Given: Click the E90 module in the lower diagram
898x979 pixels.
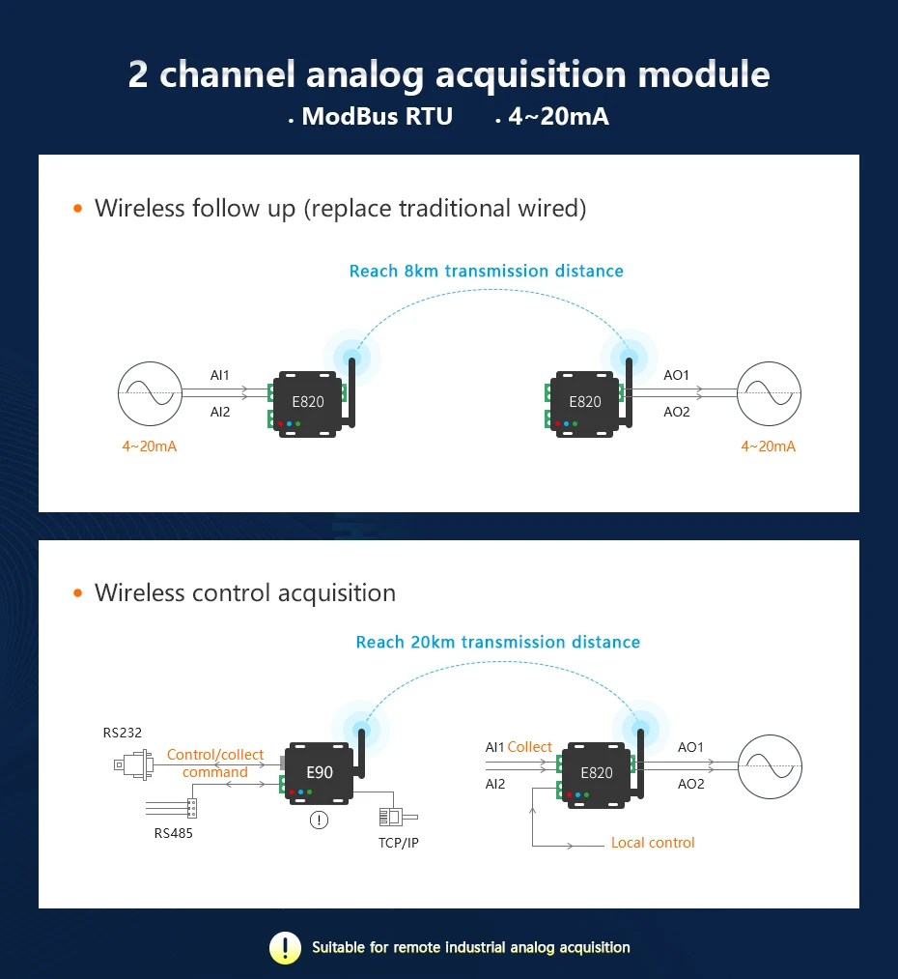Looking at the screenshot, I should point(319,772).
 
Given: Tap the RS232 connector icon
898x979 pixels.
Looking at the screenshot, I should point(133,763).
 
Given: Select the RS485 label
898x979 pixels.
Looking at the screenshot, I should point(173,833).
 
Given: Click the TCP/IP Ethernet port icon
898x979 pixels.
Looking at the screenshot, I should point(392,817).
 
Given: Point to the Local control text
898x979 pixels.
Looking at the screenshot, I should point(653,843).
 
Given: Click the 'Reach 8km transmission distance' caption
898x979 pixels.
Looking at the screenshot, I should point(486,272).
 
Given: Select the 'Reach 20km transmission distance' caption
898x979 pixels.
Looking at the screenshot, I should point(497,643).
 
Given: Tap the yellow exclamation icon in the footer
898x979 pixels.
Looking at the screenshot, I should point(285,948).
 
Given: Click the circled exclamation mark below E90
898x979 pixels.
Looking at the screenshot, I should point(319,821).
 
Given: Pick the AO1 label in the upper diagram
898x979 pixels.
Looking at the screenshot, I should point(677,375).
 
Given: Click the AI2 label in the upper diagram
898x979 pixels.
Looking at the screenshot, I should point(220,412).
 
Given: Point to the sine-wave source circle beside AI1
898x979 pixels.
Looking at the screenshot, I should point(148,393).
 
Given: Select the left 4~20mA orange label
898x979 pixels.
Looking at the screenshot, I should point(150,446).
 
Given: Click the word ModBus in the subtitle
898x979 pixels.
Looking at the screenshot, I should point(349,117).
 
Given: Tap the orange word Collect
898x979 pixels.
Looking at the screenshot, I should point(530,747).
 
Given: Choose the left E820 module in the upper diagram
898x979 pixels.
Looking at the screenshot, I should point(309,403).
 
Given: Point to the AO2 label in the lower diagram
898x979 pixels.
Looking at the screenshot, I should point(691,784).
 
